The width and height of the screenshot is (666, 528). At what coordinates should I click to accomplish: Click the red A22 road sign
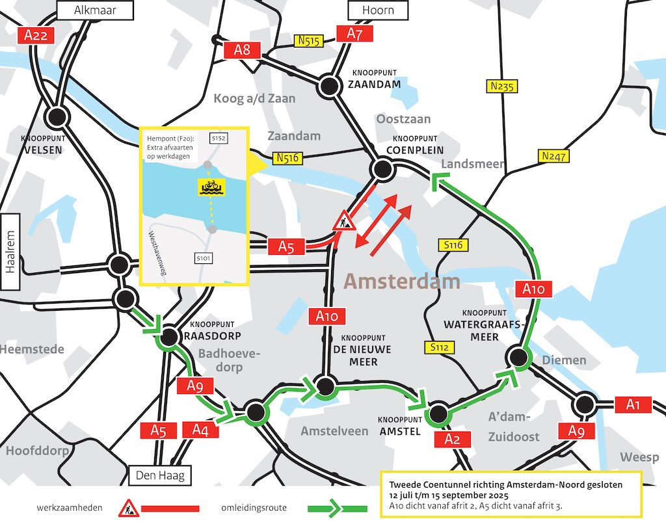point(35,35)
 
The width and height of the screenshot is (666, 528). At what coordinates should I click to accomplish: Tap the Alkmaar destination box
point(96,10)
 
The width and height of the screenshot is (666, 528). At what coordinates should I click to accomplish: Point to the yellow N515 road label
point(309,41)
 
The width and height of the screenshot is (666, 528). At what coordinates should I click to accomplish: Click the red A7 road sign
point(354,34)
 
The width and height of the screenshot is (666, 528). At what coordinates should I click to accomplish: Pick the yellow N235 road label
point(501,86)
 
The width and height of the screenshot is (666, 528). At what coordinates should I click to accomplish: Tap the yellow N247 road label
point(553,156)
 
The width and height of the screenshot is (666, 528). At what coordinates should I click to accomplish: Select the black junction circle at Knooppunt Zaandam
point(330,85)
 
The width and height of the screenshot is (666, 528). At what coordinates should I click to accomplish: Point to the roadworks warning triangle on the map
point(343,222)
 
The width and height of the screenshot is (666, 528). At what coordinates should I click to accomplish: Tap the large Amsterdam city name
point(401,282)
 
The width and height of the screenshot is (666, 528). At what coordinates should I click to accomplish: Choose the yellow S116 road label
point(453,244)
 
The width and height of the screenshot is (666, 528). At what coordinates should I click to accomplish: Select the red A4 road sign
point(200,429)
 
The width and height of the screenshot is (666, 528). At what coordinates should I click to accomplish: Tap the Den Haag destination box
point(160,476)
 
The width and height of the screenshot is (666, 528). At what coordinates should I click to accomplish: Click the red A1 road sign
point(633,404)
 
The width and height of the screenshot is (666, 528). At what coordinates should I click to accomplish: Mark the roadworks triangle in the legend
point(129,507)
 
